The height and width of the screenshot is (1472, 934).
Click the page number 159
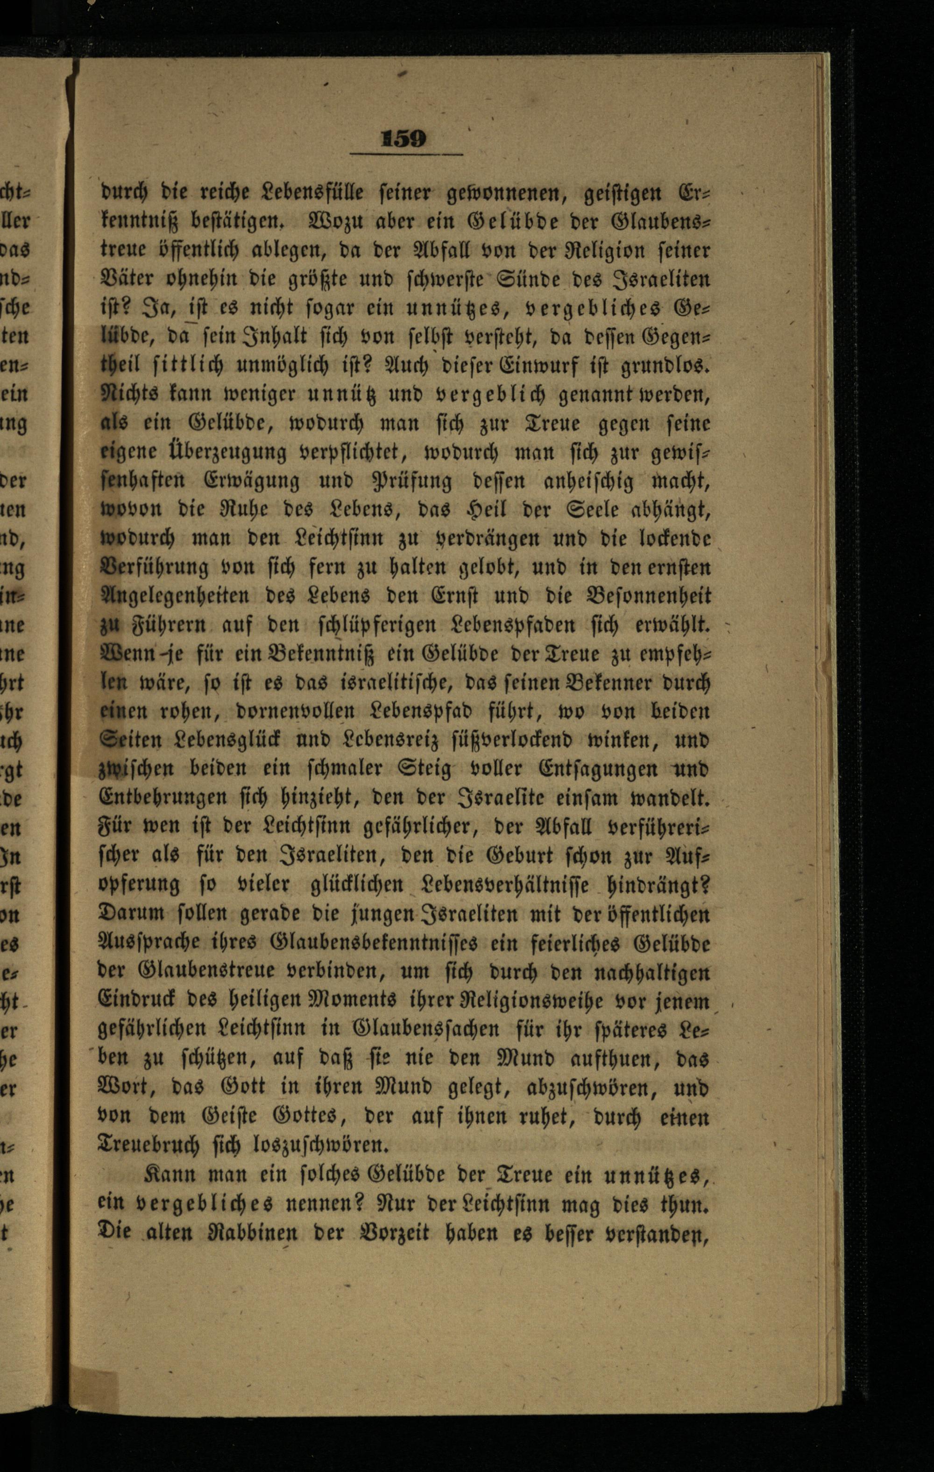coord(403,139)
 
